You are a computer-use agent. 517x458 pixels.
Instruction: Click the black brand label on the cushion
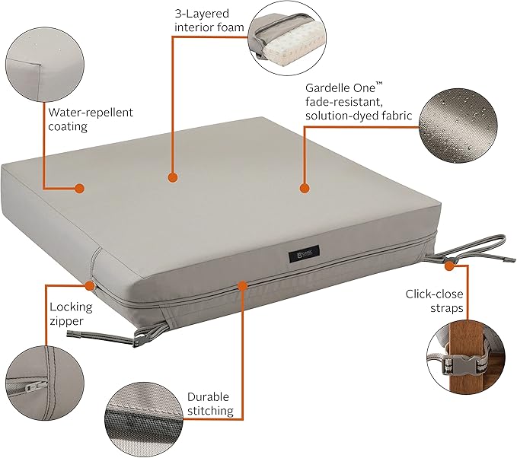tap(304, 253)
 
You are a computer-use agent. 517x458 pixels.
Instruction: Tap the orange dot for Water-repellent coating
tap(79, 188)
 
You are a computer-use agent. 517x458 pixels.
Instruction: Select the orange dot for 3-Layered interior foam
tap(173, 177)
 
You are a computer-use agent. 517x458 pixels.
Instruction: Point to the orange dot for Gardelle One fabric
tap(305, 189)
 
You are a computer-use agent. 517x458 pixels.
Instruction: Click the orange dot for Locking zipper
tap(90, 285)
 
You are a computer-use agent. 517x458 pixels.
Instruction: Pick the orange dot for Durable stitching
tap(242, 285)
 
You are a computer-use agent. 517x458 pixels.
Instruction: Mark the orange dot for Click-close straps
tap(449, 266)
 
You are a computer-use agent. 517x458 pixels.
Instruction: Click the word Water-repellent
tap(91, 113)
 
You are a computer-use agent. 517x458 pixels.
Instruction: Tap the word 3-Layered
tap(202, 14)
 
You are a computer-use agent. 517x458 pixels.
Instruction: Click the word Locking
tap(72, 307)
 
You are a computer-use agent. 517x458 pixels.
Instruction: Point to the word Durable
tap(208, 396)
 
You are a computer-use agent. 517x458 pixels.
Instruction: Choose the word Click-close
tap(434, 294)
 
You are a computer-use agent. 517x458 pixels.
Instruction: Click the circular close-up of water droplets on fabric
tap(458, 126)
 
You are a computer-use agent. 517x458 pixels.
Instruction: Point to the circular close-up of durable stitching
tap(145, 420)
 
